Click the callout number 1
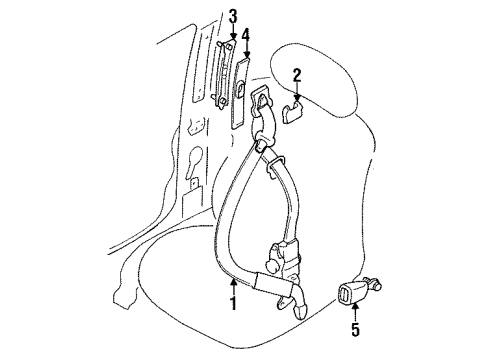pyautogui.click(x=234, y=303)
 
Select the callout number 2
pyautogui.click(x=297, y=75)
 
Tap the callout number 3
pyautogui.click(x=233, y=16)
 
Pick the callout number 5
pyautogui.click(x=356, y=329)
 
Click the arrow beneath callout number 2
pyautogui.click(x=297, y=91)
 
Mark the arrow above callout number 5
pyautogui.click(x=355, y=311)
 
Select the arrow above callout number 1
pyautogui.click(x=234, y=287)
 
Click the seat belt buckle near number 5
pyautogui.click(x=350, y=292)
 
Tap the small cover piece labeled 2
pyautogui.click(x=292, y=112)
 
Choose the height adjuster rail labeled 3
pyautogui.click(x=224, y=74)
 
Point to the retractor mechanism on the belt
pyautogui.click(x=284, y=257)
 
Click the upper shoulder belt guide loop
pyautogui.click(x=261, y=99)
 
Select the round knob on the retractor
pyautogui.click(x=271, y=265)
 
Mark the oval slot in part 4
pyautogui.click(x=240, y=90)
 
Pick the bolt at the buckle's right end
pyautogui.click(x=375, y=283)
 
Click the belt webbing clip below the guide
pyautogui.click(x=274, y=164)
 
